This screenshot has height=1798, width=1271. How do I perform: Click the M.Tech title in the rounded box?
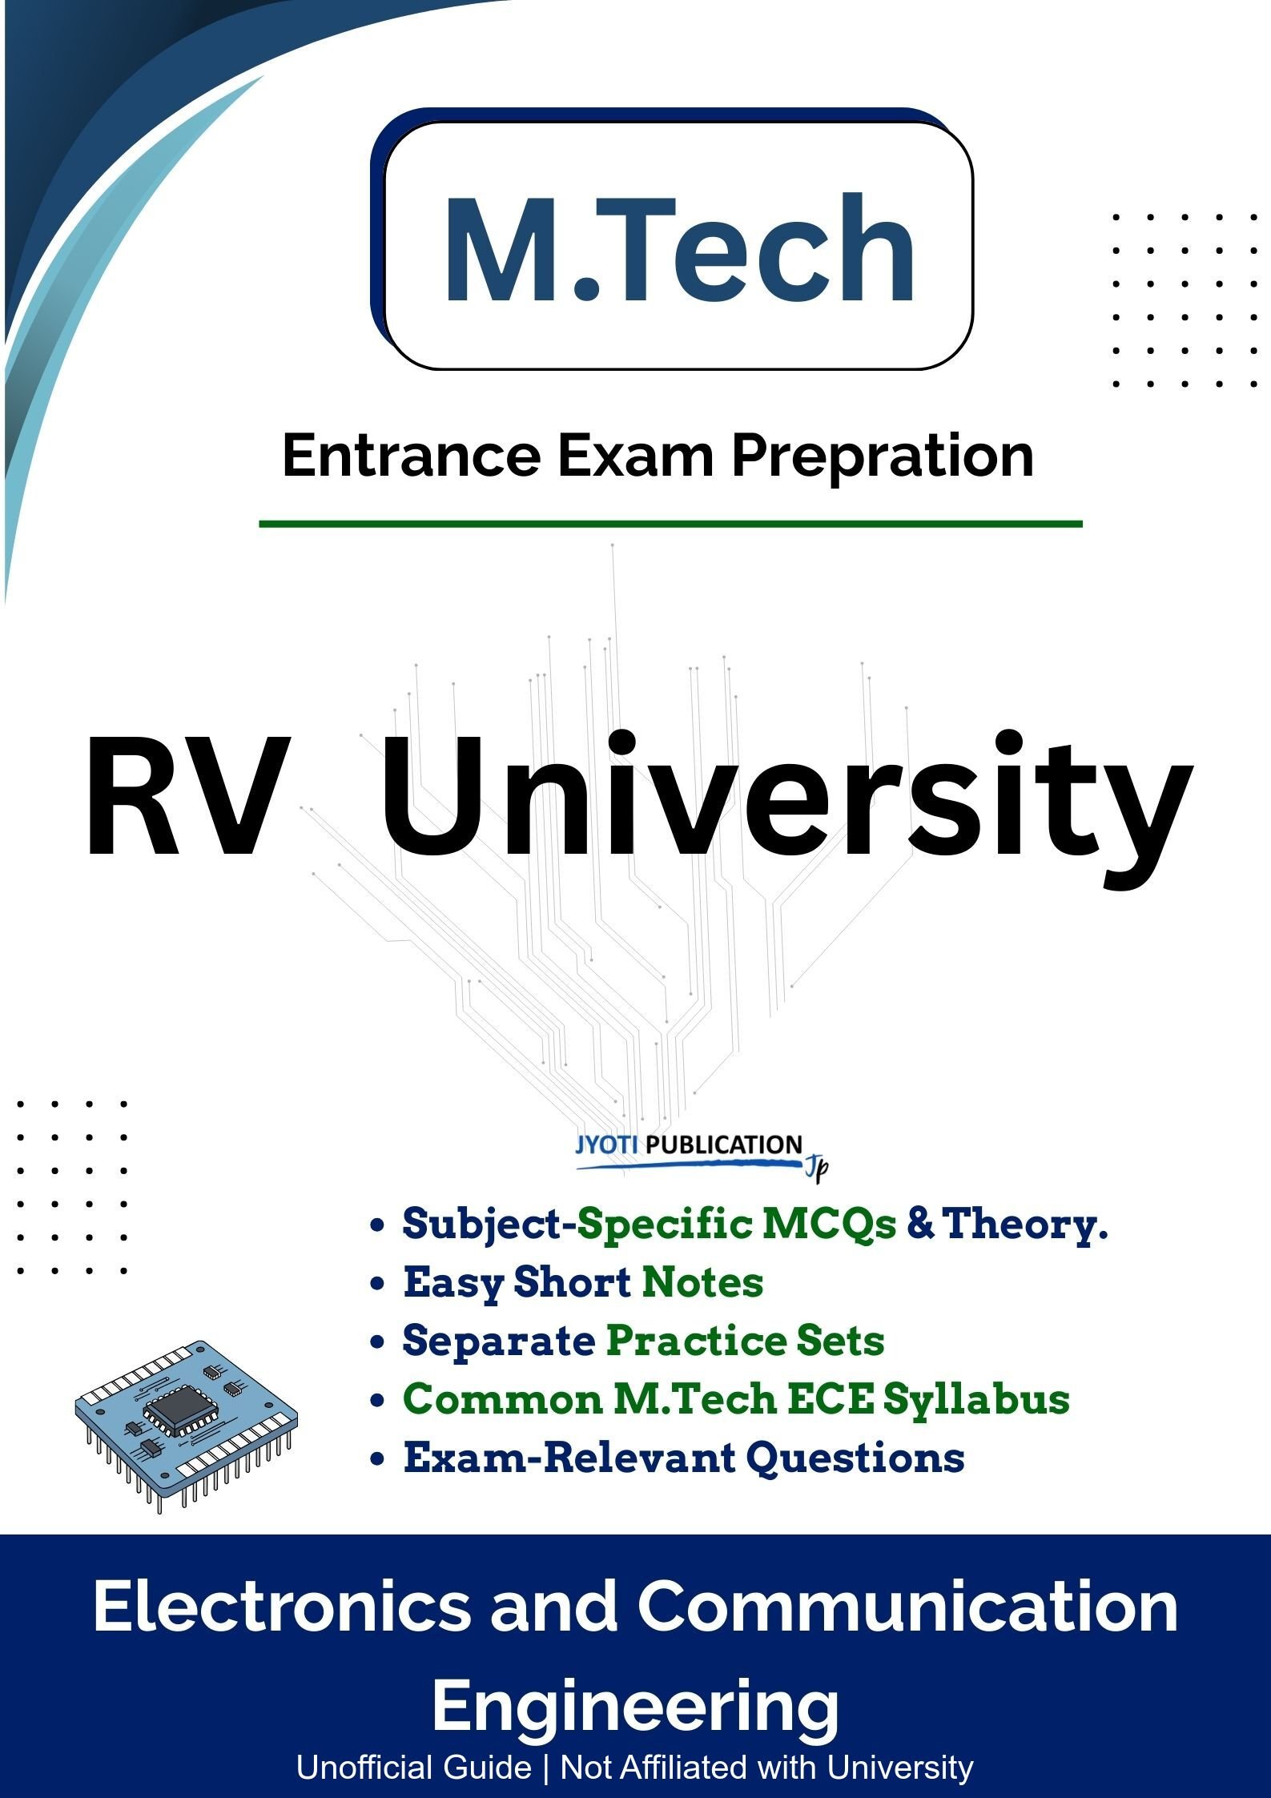pos(678,250)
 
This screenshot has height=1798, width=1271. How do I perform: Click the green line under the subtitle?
pos(670,524)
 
